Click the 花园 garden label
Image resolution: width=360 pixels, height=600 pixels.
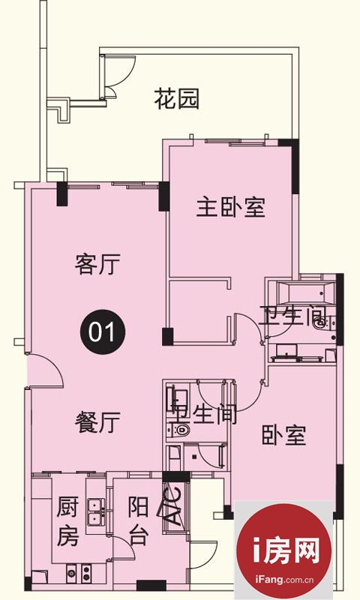pos(177,99)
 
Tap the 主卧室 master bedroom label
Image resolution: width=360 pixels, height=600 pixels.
pos(231,207)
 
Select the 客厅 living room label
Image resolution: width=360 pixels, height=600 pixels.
pos(97,264)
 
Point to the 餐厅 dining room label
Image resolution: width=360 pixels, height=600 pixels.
pos(97,422)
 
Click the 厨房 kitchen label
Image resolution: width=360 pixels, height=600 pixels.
pos(67,520)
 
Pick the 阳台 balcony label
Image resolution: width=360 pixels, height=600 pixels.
pos(138,520)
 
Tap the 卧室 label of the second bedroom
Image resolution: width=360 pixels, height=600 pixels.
pos(283,435)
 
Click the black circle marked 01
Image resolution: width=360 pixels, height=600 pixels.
pos(103,331)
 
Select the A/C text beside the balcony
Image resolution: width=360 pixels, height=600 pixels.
pos(174,505)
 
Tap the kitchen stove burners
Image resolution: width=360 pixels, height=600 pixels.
pos(79,573)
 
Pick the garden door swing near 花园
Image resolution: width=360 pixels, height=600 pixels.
pos(118,73)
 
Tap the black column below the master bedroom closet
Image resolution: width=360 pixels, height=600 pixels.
pos(167,337)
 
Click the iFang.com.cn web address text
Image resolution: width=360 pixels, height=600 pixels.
pos(283,580)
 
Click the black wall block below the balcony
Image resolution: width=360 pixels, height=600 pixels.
pos(151,586)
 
